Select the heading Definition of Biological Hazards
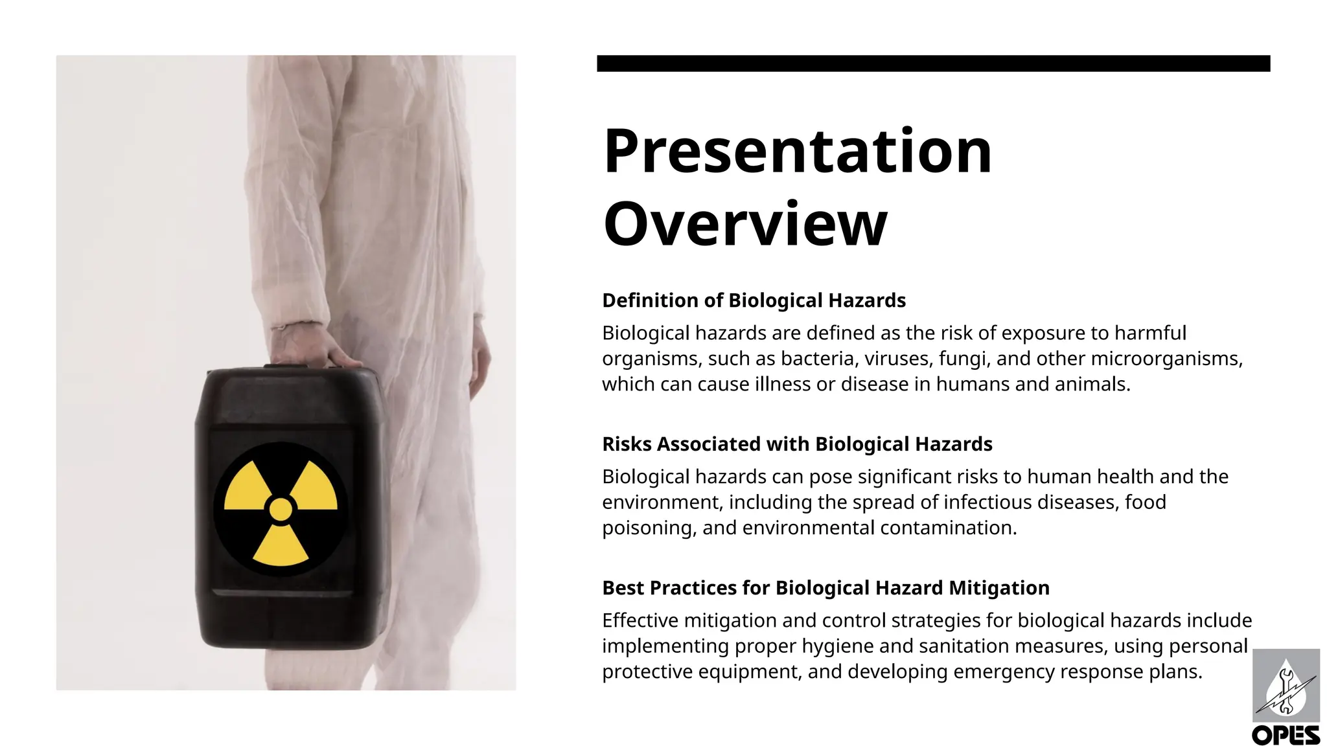pos(754,300)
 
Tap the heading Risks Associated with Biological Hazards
pos(797,444)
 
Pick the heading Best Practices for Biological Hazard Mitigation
pos(825,588)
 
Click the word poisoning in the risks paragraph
pos(649,528)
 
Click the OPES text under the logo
pos(1286,736)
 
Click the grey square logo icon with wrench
pos(1286,685)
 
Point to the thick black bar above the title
pos(933,63)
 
